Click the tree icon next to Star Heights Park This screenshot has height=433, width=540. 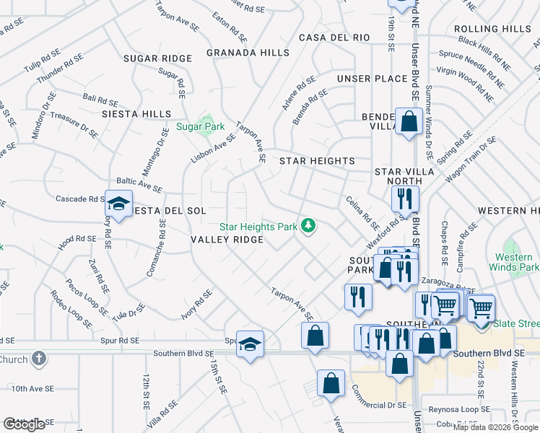(309, 227)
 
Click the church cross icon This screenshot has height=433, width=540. (39, 358)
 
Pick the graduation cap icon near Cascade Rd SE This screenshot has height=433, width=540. (118, 203)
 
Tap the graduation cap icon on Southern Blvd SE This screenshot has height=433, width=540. (250, 344)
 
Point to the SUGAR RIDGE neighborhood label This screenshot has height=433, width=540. (157, 58)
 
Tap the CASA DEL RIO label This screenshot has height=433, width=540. (334, 37)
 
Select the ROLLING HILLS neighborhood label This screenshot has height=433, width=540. (492, 29)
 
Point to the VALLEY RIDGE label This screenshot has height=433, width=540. (227, 240)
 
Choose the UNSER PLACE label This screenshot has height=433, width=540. (372, 78)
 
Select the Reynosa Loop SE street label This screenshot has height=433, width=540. (458, 409)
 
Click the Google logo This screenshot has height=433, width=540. (24, 424)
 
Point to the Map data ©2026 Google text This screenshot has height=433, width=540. (495, 427)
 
